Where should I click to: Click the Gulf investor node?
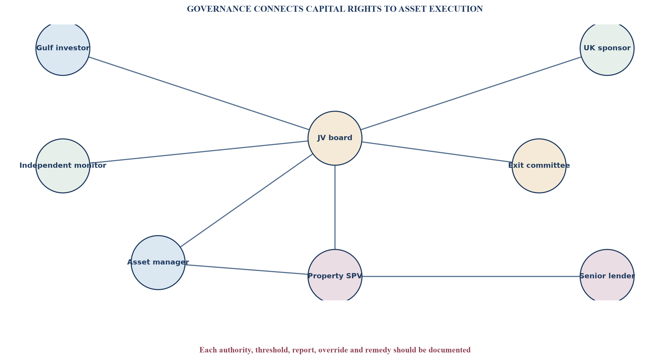click(63, 48)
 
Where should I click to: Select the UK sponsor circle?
click(607, 48)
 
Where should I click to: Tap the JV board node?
click(335, 138)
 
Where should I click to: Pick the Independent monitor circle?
click(63, 166)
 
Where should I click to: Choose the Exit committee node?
click(539, 166)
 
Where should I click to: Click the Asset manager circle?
click(158, 263)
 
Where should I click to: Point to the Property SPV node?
click(335, 276)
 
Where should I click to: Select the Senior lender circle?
click(607, 276)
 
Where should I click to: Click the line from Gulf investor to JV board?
click(199, 93)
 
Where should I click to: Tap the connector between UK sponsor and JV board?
click(471, 93)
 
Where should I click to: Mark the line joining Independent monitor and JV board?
click(199, 152)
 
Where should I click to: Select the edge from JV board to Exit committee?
click(437, 152)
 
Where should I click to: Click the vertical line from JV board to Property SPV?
click(335, 207)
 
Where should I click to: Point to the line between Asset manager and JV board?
click(246, 200)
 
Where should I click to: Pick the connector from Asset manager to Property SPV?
click(246, 269)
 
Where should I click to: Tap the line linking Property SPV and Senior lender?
click(471, 276)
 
